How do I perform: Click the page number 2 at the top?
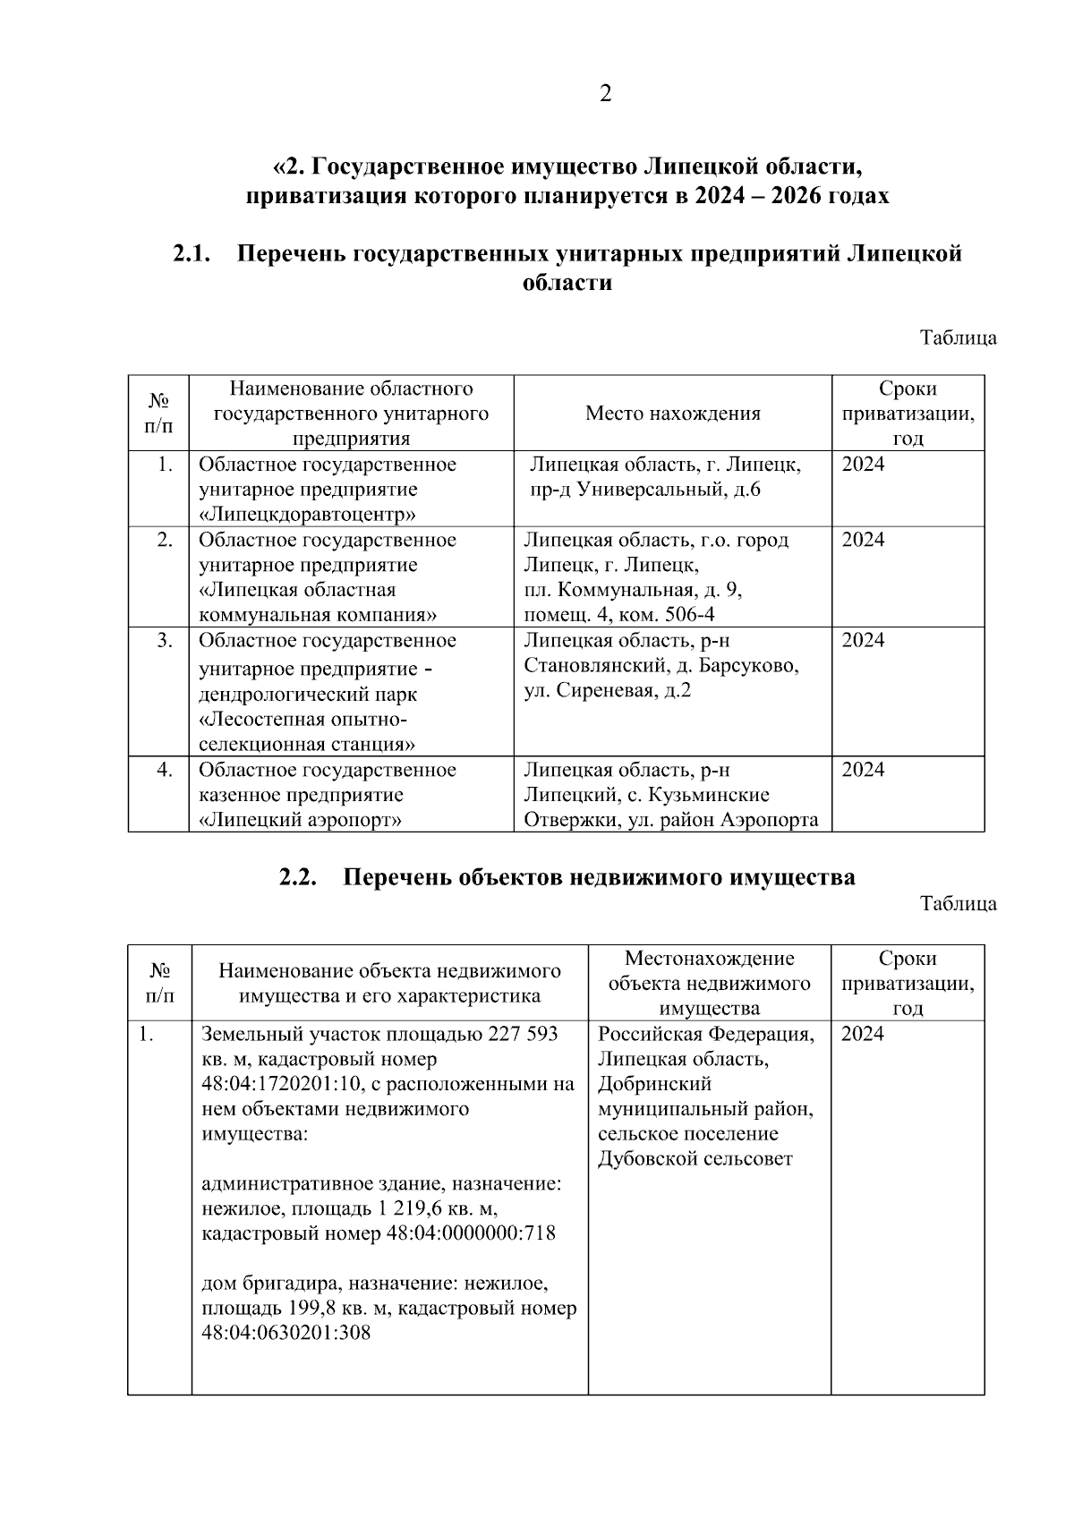(606, 94)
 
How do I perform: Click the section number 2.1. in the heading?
(192, 254)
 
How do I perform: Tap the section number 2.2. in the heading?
(299, 877)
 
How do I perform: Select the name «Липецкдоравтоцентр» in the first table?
(307, 515)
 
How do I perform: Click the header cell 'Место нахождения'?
(673, 414)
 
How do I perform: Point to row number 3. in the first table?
(165, 641)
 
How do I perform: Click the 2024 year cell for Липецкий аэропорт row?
(863, 771)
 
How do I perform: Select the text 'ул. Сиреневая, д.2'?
(608, 691)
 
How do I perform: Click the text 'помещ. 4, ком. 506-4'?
(619, 615)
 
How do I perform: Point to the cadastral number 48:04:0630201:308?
(286, 1333)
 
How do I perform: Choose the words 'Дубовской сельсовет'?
(695, 1159)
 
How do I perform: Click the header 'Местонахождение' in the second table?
(709, 959)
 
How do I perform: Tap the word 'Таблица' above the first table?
(959, 338)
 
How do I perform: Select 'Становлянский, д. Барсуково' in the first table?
(661, 666)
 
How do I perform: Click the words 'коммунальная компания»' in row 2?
(318, 615)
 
